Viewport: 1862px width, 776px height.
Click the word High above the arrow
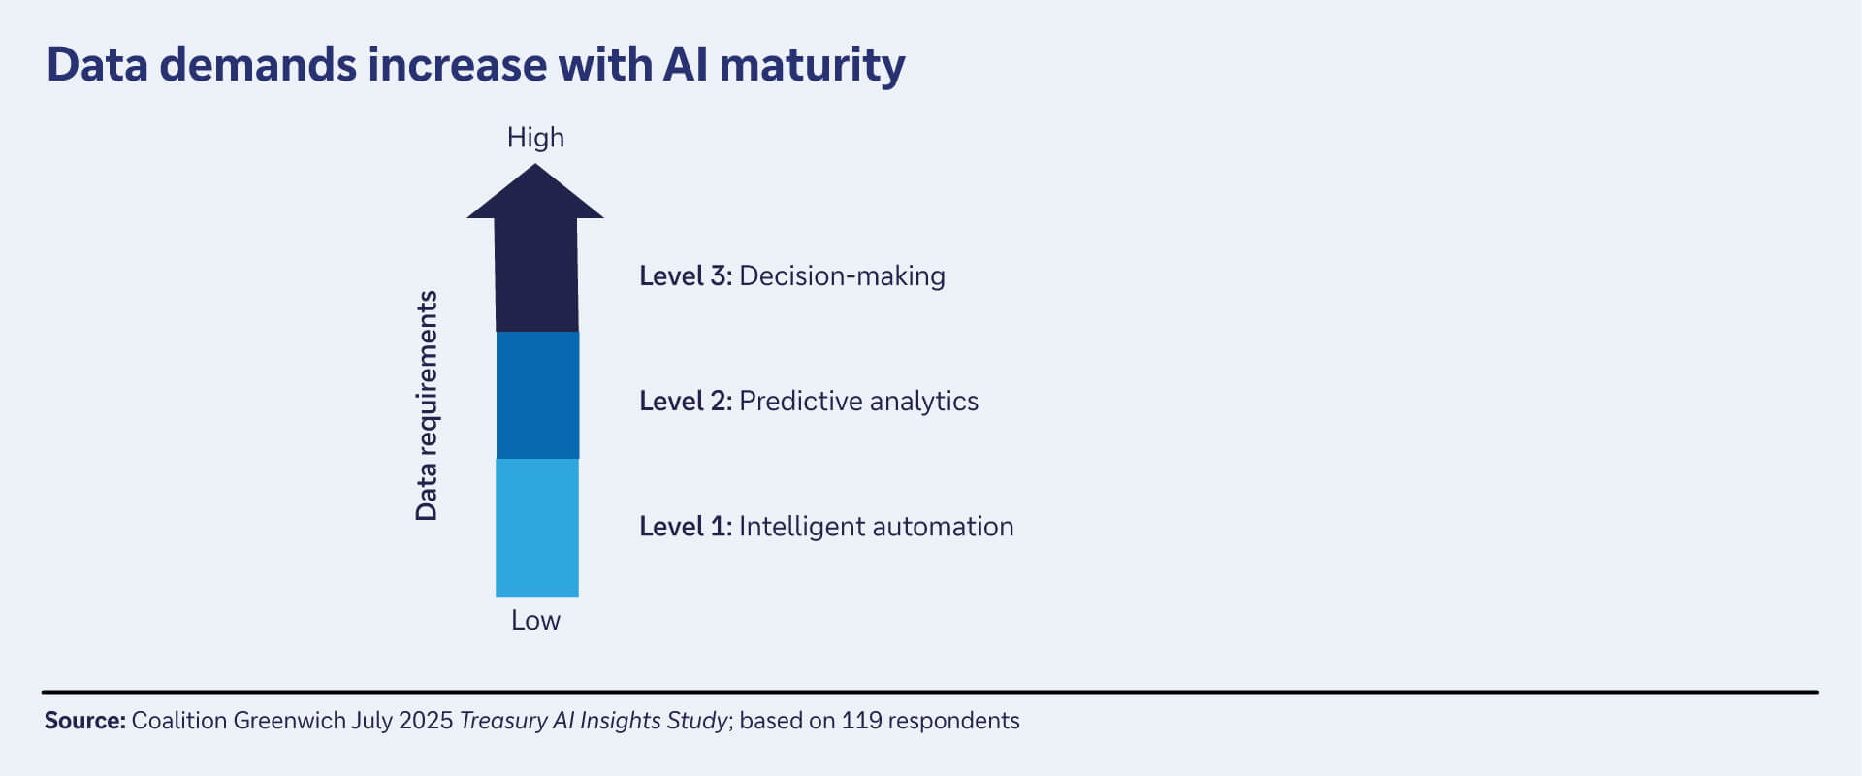coord(535,138)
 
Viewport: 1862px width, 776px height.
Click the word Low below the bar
coord(535,621)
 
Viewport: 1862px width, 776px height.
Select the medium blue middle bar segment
coord(537,396)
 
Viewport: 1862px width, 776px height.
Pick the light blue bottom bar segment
coord(537,528)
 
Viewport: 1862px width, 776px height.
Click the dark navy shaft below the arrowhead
coord(536,276)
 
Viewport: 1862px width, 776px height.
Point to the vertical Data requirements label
coord(427,405)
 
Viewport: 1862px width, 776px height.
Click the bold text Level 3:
coord(685,276)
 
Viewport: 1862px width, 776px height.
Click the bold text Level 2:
coord(685,402)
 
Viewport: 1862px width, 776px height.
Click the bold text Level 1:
coord(685,527)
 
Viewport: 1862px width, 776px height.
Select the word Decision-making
coord(842,276)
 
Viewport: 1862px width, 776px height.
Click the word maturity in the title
coord(812,66)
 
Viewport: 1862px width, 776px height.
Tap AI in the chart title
coord(685,66)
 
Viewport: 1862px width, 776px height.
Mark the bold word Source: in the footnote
coord(84,721)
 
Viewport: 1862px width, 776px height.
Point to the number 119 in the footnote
coord(861,721)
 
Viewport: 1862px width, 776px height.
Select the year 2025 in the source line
coord(426,721)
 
